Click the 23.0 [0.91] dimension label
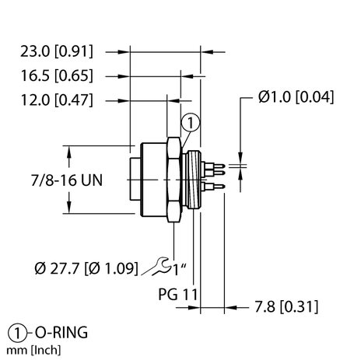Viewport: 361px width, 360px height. pyautogui.click(x=56, y=52)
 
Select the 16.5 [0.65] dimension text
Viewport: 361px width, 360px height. pyautogui.click(x=56, y=76)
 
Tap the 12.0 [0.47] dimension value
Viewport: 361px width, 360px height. pyautogui.click(x=56, y=100)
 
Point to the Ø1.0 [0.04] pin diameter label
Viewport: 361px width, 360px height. pyautogui.click(x=297, y=99)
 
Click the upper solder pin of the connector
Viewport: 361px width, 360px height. pyautogui.click(x=216, y=167)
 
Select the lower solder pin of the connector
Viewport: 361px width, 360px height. pyautogui.click(x=216, y=187)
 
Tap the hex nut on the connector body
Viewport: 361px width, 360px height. pyautogui.click(x=175, y=179)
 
